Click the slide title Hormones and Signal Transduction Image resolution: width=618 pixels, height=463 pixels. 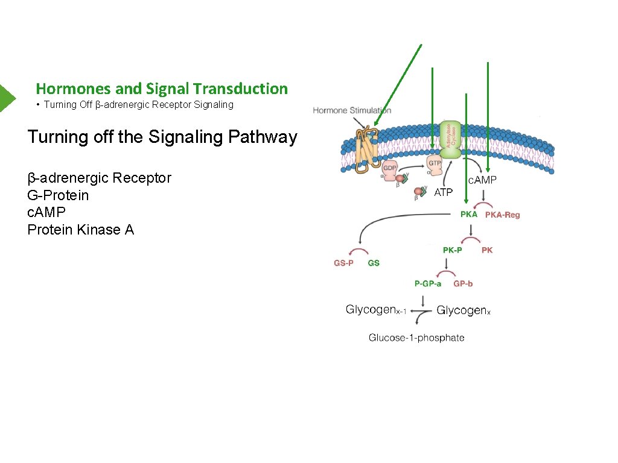click(162, 89)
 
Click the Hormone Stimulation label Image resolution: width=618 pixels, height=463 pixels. click(352, 110)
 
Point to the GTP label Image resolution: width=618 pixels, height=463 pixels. click(435, 163)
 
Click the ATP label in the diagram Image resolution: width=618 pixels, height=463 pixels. click(444, 192)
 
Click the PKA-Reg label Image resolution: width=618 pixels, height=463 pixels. click(503, 215)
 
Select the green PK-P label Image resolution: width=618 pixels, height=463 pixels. click(453, 250)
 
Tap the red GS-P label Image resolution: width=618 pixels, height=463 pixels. click(344, 263)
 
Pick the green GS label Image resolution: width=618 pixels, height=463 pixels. click(374, 263)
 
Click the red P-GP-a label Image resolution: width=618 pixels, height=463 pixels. click(427, 283)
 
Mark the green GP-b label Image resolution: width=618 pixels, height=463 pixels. click(463, 283)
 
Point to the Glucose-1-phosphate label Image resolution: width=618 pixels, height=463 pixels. click(416, 338)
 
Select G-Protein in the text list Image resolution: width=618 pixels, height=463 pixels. click(58, 195)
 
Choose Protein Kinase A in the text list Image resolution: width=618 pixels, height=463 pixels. click(81, 230)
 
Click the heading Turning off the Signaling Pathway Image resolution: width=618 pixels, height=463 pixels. click(162, 137)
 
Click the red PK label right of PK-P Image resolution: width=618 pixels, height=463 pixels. click(487, 250)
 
